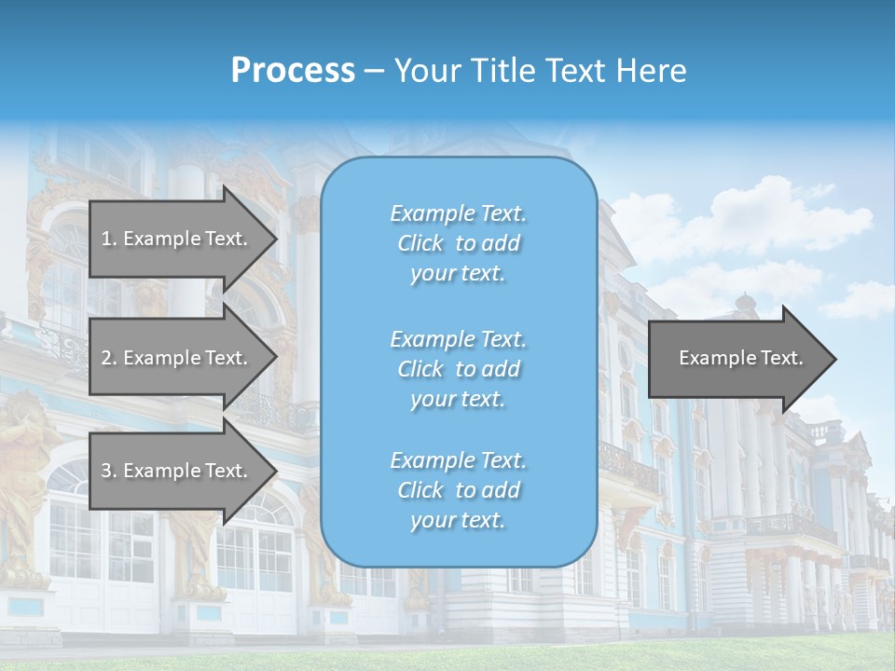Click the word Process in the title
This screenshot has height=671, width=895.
click(293, 71)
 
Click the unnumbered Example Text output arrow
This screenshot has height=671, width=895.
click(740, 359)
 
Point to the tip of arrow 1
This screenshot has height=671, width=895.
click(275, 239)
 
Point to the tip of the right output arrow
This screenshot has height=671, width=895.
click(835, 359)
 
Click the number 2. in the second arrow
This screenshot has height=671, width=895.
click(109, 358)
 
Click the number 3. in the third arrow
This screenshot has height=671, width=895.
click(109, 471)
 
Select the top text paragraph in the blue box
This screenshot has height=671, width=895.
click(458, 243)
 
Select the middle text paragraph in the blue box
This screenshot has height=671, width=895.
click(458, 368)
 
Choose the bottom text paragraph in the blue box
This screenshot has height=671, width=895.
click(458, 490)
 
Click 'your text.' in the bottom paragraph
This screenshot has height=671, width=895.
click(458, 520)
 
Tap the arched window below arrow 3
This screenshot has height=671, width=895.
click(261, 541)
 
